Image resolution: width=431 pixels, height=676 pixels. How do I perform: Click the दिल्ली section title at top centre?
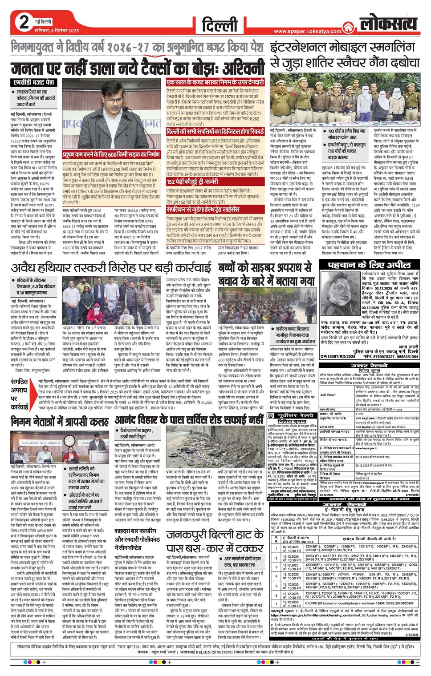tap(220, 25)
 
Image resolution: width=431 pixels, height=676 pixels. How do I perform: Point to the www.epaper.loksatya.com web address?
tap(307, 32)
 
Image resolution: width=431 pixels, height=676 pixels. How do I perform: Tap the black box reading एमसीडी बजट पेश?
tap(33, 83)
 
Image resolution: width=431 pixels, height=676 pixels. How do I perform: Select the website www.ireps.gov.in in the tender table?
tap(366, 449)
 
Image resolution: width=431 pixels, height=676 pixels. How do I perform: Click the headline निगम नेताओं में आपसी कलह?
tap(61, 420)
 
